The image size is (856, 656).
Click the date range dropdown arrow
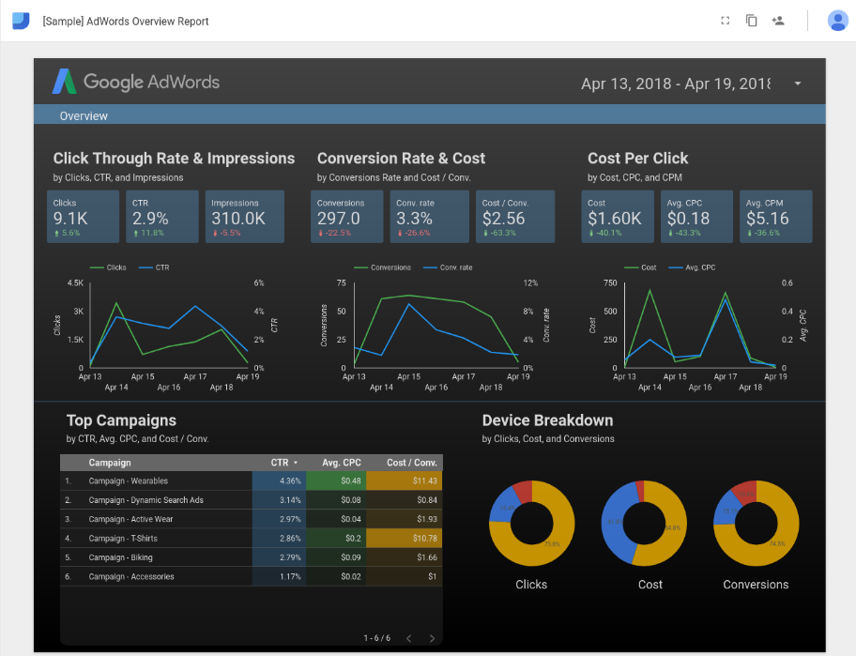click(798, 84)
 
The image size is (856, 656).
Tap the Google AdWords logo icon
click(65, 82)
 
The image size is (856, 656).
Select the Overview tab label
click(84, 116)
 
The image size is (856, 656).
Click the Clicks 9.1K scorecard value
click(71, 219)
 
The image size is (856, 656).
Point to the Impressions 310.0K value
click(237, 219)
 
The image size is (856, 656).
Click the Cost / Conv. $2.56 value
click(503, 219)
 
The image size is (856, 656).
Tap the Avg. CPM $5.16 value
click(767, 219)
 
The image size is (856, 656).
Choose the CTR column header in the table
click(280, 463)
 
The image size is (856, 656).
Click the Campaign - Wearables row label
click(129, 481)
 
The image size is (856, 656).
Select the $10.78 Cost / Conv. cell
click(426, 539)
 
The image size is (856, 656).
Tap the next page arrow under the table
click(432, 638)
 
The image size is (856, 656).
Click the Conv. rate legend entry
click(456, 267)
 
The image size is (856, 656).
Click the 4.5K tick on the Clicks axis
click(75, 282)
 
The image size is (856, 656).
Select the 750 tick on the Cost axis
click(610, 282)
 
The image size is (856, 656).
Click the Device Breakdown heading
click(547, 420)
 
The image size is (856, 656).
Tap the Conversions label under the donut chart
click(756, 585)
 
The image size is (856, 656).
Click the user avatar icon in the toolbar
click(837, 21)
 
